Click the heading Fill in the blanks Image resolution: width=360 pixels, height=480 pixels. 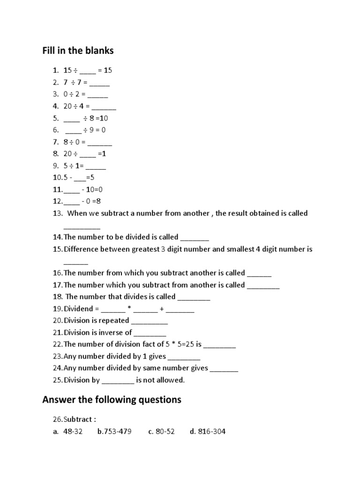point(78,51)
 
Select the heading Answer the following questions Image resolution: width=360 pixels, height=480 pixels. point(112,400)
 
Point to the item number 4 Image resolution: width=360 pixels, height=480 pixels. point(55,106)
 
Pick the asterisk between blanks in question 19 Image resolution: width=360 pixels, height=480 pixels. point(129,309)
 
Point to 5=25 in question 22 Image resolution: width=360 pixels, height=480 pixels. point(183,345)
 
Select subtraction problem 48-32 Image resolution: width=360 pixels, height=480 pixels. point(73,431)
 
